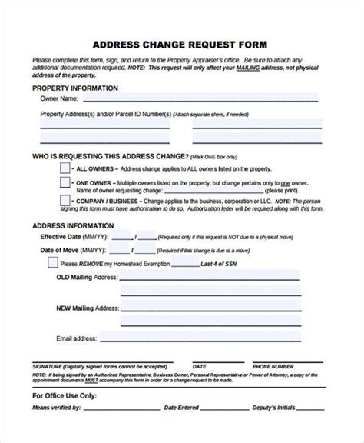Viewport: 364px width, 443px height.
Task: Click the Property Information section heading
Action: click(74, 88)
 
